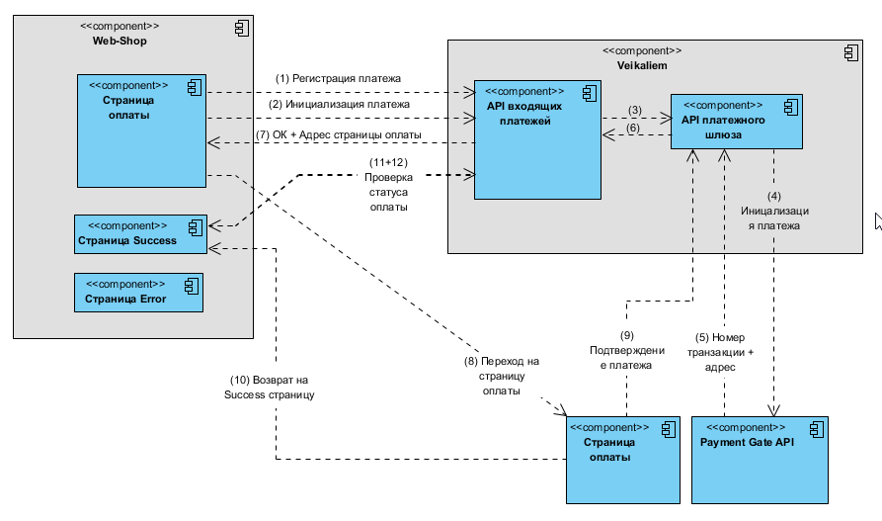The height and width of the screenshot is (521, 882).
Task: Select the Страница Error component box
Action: click(138, 293)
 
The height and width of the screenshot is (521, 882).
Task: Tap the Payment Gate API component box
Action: click(760, 460)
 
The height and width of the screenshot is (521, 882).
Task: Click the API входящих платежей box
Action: click(537, 138)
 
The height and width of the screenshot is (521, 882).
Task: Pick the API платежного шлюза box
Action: click(736, 121)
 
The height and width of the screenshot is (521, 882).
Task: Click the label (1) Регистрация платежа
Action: click(338, 78)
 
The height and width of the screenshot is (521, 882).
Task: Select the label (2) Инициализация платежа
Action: click(339, 103)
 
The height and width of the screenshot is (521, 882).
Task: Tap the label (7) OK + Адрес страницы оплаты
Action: click(339, 134)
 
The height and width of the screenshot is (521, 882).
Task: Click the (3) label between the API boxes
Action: click(635, 110)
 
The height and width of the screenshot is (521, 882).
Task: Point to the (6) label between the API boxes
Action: click(634, 128)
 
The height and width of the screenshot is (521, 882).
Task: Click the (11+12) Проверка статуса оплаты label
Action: click(388, 184)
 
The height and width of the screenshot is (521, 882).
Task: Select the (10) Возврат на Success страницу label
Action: click(271, 387)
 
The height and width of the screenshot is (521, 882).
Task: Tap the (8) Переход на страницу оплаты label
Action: click(501, 375)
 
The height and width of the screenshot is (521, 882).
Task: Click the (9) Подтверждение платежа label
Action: click(626, 350)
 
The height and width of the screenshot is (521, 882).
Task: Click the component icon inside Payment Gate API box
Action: click(816, 428)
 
